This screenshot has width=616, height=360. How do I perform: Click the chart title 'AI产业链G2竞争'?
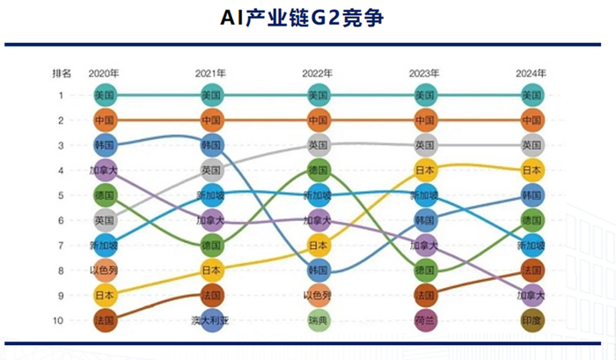[x=307, y=18]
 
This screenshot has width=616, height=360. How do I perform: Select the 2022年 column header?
[x=319, y=73]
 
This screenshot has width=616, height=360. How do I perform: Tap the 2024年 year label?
[x=532, y=73]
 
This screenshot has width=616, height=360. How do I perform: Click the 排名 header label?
[x=62, y=73]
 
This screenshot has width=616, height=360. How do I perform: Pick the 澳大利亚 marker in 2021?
[x=211, y=320]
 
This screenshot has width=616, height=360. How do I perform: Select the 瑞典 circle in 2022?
[x=319, y=320]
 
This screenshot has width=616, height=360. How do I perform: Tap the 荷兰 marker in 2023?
[x=425, y=320]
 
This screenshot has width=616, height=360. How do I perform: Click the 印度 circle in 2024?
[x=532, y=320]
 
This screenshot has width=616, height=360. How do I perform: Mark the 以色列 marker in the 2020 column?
[x=105, y=270]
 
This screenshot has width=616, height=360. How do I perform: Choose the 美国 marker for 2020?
[x=105, y=95]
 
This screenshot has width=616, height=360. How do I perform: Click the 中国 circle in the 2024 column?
[x=532, y=120]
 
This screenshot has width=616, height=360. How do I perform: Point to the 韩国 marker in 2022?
[x=319, y=270]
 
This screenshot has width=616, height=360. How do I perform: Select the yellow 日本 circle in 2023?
[x=425, y=170]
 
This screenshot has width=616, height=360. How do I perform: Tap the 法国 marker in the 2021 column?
[x=211, y=296]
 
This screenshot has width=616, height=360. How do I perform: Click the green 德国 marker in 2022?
[x=319, y=170]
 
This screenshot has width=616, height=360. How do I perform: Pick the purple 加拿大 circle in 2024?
[x=532, y=296]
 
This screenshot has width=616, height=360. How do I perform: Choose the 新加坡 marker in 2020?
[x=105, y=246]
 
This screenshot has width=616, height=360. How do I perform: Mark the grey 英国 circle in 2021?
[x=211, y=170]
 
